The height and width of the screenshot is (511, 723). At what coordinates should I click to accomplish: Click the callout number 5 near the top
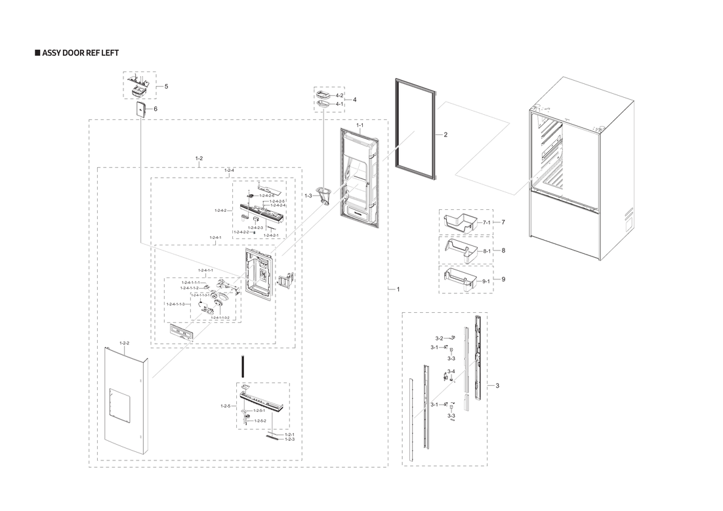[166, 87]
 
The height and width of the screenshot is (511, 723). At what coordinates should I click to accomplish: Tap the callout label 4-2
[339, 96]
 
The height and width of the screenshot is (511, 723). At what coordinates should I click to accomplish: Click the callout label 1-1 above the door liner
[360, 125]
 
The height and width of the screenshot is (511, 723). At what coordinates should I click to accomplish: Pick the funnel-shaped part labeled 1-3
[323, 195]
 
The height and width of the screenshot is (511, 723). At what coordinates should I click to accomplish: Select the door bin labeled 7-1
[460, 221]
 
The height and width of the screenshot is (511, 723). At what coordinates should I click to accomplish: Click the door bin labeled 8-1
[460, 250]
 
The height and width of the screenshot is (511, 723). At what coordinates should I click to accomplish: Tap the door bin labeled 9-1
[460, 279]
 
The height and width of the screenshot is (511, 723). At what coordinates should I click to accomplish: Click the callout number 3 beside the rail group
[497, 385]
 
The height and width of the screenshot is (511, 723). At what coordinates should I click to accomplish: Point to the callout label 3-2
[439, 338]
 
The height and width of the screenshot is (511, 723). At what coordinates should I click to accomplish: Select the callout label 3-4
[451, 371]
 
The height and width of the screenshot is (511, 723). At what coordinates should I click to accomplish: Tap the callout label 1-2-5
[225, 406]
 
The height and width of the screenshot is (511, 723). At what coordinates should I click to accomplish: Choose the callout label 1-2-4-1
[215, 237]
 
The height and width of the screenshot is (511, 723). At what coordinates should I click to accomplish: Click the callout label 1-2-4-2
[220, 211]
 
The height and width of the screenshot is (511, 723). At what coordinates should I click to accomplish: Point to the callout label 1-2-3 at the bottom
[289, 439]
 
